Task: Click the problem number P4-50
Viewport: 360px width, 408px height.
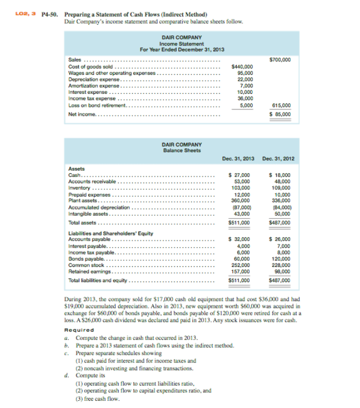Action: pyautogui.click(x=51, y=14)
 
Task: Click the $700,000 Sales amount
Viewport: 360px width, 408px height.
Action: pyautogui.click(x=280, y=59)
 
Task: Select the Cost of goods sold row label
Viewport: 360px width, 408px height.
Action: pyautogui.click(x=92, y=66)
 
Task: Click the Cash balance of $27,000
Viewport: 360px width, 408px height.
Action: pyautogui.click(x=242, y=175)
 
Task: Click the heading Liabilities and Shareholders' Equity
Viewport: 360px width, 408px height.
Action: pyautogui.click(x=110, y=233)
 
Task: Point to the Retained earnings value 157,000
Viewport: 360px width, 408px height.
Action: pyautogui.click(x=242, y=271)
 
